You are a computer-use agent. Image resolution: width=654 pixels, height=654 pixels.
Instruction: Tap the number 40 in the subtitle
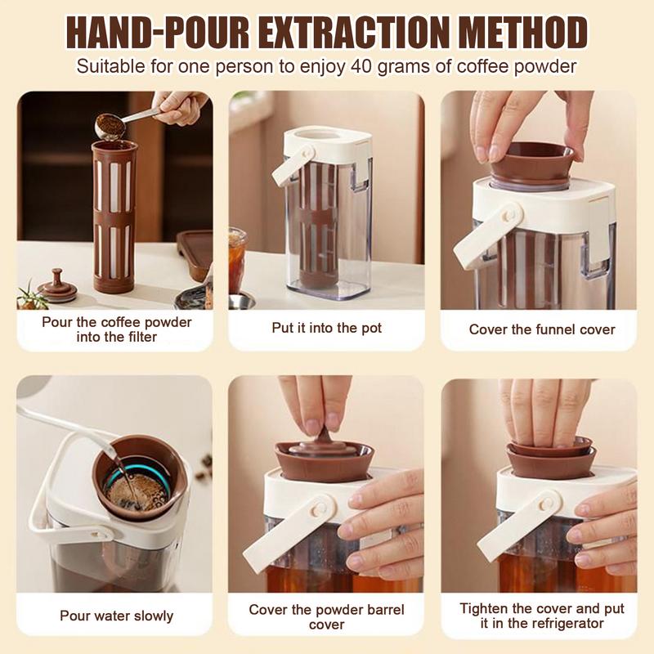point(366,66)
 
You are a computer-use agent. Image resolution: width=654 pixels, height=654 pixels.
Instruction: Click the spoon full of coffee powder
point(107,125)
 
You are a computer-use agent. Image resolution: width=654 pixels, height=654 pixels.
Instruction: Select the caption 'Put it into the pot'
point(326,328)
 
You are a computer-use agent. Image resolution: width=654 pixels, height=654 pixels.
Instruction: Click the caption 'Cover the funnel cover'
point(542,329)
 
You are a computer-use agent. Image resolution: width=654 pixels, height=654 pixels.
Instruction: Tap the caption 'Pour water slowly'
point(116,616)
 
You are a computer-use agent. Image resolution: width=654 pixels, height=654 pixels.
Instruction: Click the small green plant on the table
point(30,294)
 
